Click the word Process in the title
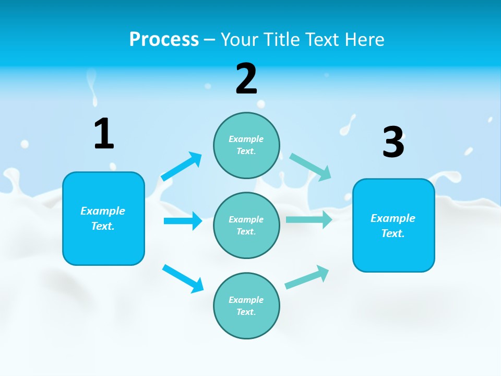coord(164,39)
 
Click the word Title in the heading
coord(282,39)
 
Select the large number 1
coord(104,134)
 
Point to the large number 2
coord(246,79)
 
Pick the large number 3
coord(393,143)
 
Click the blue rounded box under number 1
coord(103,245)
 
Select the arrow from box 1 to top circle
coord(182,167)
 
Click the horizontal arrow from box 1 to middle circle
coord(183,221)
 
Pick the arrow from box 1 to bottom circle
coord(183,278)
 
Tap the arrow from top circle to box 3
coord(311,167)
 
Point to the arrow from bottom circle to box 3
coord(307,277)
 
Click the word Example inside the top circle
coord(246,139)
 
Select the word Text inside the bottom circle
coord(245,312)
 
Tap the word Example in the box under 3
coord(393,218)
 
